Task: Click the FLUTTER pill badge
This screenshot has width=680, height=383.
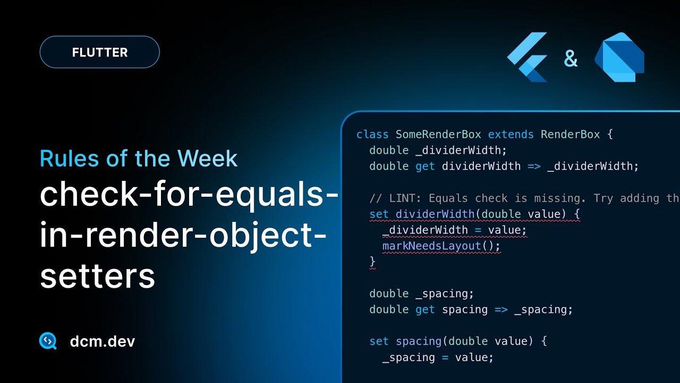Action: [99, 52]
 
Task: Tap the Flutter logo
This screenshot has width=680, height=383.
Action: [528, 57]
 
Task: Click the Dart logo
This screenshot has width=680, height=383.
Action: [619, 57]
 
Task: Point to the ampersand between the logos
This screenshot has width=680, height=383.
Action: [571, 59]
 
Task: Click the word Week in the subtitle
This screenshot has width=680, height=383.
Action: [207, 159]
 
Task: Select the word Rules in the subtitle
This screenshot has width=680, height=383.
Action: [69, 159]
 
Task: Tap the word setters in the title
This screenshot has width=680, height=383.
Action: [97, 276]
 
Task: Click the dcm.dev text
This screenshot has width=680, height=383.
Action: [103, 342]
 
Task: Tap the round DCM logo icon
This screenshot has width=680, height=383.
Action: [48, 341]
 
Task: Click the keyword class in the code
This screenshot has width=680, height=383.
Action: [372, 135]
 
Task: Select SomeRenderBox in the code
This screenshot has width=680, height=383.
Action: [438, 135]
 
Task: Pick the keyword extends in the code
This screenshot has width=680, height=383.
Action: [511, 135]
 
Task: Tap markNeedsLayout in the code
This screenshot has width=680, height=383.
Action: [431, 246]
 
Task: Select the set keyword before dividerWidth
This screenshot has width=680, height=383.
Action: [379, 214]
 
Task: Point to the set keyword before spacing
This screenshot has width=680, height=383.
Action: [379, 341]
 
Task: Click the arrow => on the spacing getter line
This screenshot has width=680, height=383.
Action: [501, 310]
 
